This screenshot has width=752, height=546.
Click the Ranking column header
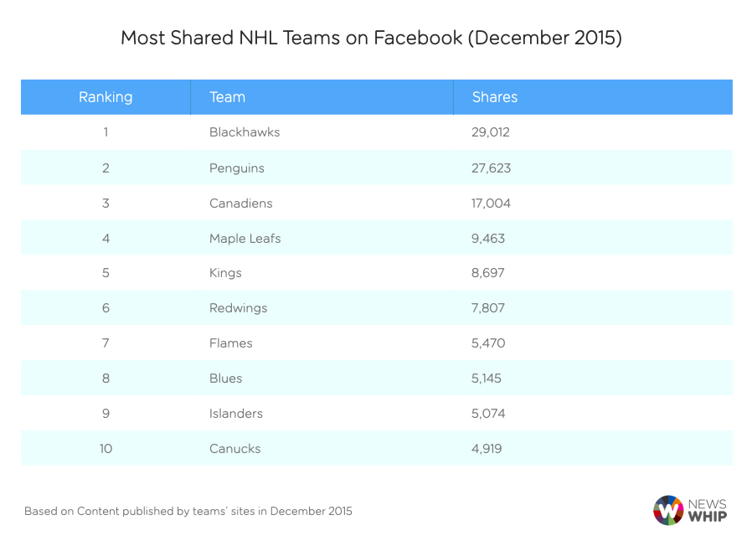click(x=106, y=97)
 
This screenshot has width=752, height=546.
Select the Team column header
click(x=227, y=97)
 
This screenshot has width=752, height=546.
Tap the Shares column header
click(x=495, y=97)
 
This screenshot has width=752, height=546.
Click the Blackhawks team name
click(x=245, y=132)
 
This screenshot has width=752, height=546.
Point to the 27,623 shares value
click(x=492, y=167)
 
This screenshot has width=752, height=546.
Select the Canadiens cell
click(x=241, y=203)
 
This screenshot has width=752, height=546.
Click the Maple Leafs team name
click(x=245, y=238)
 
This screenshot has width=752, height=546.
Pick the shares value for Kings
click(x=488, y=273)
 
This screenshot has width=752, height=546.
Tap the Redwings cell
click(x=239, y=308)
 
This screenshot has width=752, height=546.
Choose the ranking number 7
click(x=106, y=343)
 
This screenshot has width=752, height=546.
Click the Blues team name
click(x=226, y=379)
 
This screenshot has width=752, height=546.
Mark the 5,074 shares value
click(x=489, y=414)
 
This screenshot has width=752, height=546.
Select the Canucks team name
click(x=235, y=449)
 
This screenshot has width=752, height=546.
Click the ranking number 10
click(x=106, y=449)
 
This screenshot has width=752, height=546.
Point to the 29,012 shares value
click(x=491, y=132)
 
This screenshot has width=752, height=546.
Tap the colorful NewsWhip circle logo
click(x=668, y=510)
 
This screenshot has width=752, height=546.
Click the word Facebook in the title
click(x=418, y=39)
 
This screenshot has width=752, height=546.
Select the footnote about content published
click(x=188, y=511)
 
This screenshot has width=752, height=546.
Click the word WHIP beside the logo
click(x=708, y=517)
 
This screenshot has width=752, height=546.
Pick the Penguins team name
click(x=237, y=167)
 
